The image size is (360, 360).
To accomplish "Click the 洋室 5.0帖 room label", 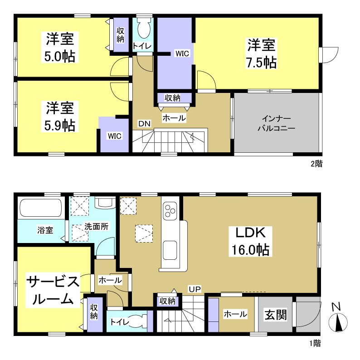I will click(60, 48).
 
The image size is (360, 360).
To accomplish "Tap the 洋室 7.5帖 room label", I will click(261, 54).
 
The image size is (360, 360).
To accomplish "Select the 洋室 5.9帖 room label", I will click(60, 117).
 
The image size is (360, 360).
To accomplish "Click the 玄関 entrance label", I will click(276, 314).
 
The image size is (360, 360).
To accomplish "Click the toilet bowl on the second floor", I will click(144, 29).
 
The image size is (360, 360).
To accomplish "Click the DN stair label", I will click(144, 123).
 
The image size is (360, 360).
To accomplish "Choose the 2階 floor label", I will click(316, 164).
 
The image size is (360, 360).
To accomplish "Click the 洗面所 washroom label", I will click(96, 227).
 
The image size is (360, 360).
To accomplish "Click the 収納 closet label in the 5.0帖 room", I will click(120, 35).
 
